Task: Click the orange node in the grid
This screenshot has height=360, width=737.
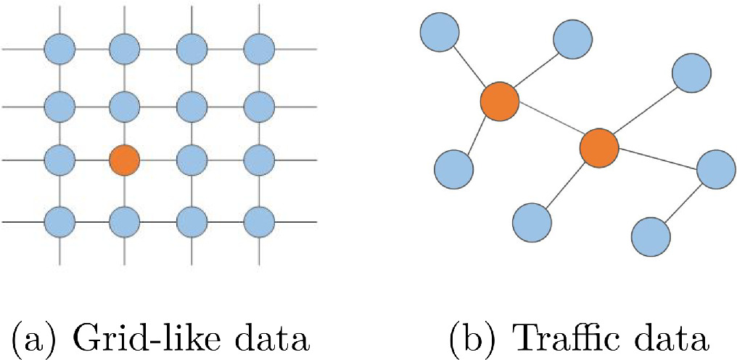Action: (124, 160)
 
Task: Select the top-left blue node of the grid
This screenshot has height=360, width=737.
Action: (60, 49)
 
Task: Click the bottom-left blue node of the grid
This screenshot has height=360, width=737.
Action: (60, 219)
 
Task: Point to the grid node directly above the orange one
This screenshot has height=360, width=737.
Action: (124, 106)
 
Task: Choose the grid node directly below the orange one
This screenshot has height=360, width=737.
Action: (124, 219)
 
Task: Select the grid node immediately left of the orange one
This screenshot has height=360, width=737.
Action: (60, 160)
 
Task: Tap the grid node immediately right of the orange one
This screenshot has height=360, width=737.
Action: (192, 160)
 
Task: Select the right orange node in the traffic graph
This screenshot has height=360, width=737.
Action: (599, 148)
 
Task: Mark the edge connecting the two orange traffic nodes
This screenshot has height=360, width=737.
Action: (549, 124)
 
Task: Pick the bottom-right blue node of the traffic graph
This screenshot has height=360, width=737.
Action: (651, 236)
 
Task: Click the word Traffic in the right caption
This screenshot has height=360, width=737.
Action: (557, 338)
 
